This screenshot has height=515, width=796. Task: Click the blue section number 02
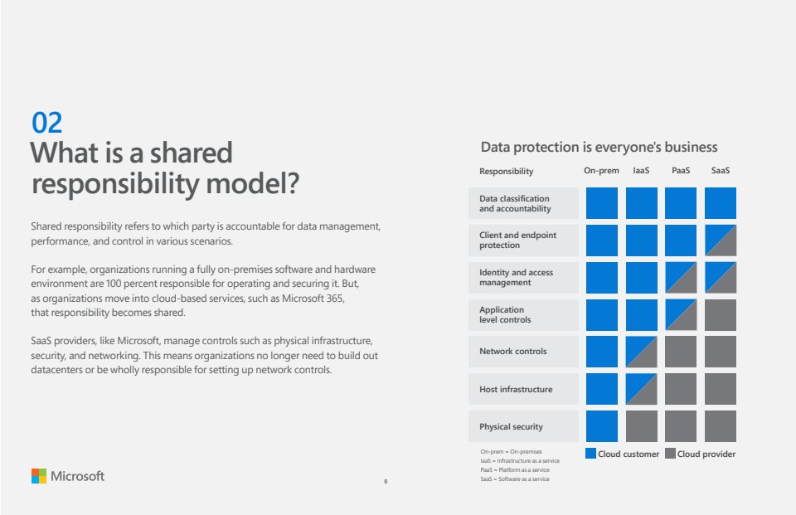[x=46, y=123]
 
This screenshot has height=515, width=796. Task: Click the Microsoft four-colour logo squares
[x=39, y=476]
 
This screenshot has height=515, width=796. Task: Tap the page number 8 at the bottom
[x=386, y=482]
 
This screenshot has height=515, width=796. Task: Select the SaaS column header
[x=721, y=171]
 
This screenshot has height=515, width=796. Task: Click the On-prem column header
[x=602, y=171]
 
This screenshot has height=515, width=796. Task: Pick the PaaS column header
[x=681, y=171]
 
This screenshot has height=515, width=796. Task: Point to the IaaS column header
[x=641, y=171]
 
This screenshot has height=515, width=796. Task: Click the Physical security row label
[x=512, y=426]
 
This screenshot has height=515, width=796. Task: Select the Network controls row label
[x=513, y=351]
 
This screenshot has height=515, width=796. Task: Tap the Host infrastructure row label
[x=516, y=389]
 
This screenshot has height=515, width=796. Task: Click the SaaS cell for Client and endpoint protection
[x=721, y=240]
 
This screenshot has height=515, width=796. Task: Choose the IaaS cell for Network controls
[x=642, y=352]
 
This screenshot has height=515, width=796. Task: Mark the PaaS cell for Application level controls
[x=681, y=315]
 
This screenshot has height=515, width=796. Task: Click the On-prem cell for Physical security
[x=602, y=426]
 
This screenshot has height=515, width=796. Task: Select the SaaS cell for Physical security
[x=721, y=426]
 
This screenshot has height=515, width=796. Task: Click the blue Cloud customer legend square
[x=590, y=453]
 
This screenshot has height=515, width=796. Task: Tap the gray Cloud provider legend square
[x=670, y=453]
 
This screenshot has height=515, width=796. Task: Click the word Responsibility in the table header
[x=506, y=172]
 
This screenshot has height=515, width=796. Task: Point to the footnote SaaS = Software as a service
[x=515, y=479]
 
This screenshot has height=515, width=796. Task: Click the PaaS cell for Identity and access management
[x=681, y=278]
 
